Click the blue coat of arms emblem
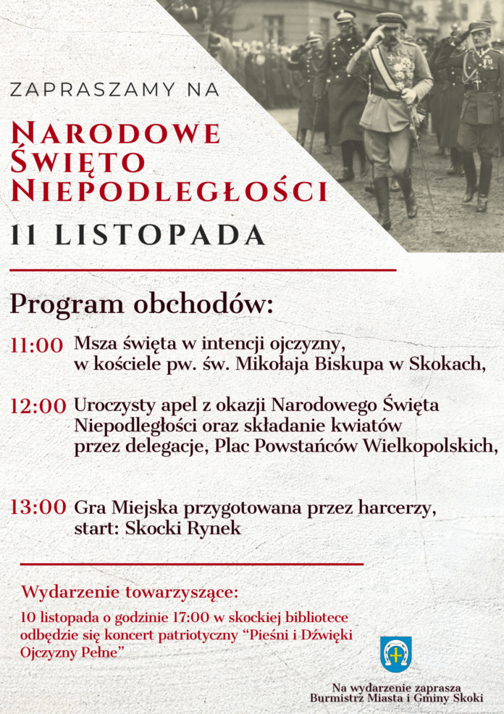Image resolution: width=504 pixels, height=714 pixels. point(395,654)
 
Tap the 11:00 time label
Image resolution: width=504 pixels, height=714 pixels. point(37,346)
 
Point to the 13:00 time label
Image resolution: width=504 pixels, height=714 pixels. point(38,507)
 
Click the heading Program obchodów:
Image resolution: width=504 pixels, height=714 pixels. point(142,304)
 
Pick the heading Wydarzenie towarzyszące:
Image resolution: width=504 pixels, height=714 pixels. point(130,592)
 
